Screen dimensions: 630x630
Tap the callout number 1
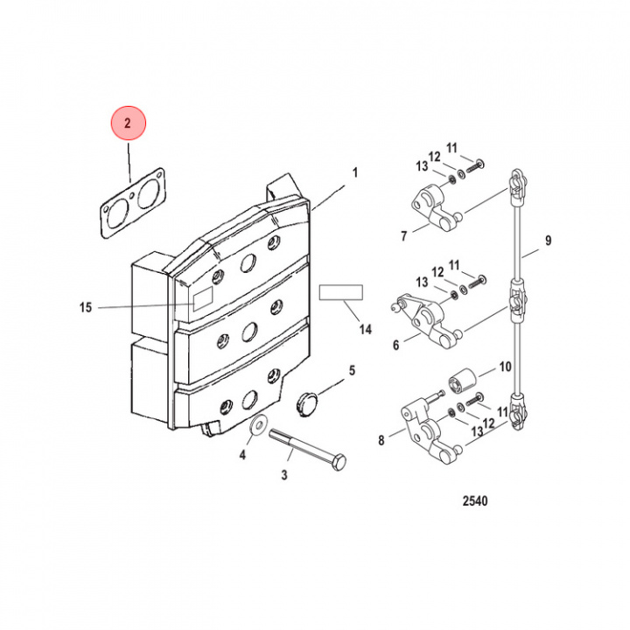[355, 172]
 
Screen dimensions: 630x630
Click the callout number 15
[85, 307]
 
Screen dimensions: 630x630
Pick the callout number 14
[365, 330]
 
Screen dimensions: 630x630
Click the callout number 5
[352, 370]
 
